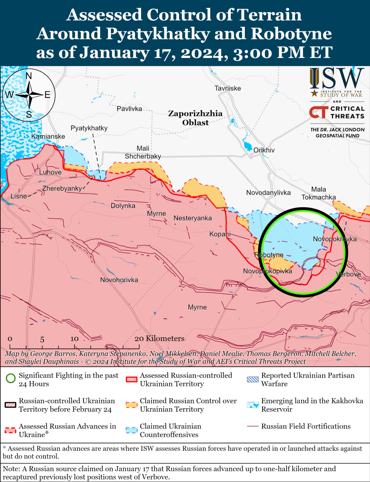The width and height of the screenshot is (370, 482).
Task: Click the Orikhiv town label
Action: tap(264, 150)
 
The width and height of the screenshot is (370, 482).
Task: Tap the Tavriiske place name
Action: tap(227, 88)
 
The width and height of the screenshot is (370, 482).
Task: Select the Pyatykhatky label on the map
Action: tap(89, 128)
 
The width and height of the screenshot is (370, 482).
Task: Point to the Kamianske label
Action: tap(48, 136)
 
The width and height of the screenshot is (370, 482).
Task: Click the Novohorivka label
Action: tap(119, 280)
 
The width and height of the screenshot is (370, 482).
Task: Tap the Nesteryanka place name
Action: tap(193, 218)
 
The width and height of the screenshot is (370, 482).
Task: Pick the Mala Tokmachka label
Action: tap(318, 193)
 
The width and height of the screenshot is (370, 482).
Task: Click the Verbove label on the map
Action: tap(349, 274)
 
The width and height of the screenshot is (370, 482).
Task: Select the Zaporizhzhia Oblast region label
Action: tap(195, 118)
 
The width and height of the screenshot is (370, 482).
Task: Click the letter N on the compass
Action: tap(29, 76)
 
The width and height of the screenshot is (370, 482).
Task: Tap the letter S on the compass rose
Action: tap(29, 115)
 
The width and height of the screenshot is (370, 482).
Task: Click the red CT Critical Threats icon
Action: tap(318, 112)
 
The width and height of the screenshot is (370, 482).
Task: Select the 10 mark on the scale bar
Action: tap(74, 339)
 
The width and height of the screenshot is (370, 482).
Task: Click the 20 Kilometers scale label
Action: tap(160, 339)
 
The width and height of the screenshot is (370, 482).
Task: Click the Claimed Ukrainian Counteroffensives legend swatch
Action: tap(132, 430)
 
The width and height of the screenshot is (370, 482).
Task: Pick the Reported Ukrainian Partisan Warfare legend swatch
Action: tap(253, 379)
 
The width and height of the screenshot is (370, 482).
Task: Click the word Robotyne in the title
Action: tap(291, 34)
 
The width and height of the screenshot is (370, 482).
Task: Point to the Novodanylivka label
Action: tap(268, 192)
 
